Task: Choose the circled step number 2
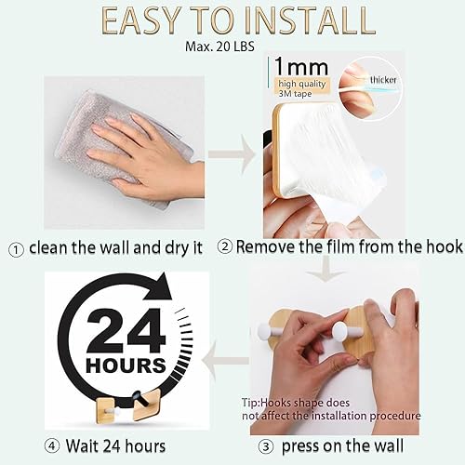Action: pos(225,247)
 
